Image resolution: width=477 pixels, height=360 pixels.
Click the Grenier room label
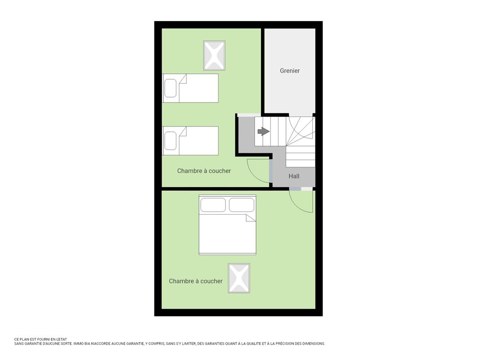click(290, 71)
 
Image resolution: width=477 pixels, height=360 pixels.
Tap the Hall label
click(294, 176)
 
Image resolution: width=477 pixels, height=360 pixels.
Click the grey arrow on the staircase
click(263, 131)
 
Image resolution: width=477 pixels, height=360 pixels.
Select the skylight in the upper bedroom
click(214, 56)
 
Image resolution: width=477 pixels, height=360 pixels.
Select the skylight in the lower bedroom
click(239, 278)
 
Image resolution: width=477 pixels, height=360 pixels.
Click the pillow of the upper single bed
click(171, 88)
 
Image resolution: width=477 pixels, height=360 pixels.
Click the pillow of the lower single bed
click(171, 141)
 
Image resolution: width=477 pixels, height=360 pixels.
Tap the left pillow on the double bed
click(213, 205)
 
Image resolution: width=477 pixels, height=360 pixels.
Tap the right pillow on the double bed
click(242, 205)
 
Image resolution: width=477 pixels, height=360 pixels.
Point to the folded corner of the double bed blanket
click(251, 218)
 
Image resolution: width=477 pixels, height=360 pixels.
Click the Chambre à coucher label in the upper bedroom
click(204, 171)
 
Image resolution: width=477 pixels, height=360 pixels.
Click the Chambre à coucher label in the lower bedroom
click(196, 281)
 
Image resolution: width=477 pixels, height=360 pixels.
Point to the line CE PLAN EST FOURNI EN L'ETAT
click(40, 339)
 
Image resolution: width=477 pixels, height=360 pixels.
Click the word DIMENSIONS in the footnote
click(314, 343)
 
